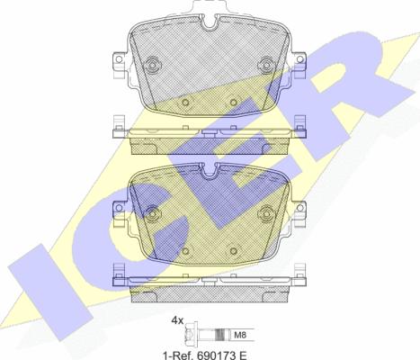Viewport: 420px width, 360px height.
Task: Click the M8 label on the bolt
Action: [240, 335]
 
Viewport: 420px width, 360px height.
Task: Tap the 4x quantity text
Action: [177, 321]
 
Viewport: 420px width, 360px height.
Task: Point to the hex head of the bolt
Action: [191, 335]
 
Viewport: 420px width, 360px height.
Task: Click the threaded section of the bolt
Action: [221, 335]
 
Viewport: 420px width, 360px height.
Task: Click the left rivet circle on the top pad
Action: [153, 64]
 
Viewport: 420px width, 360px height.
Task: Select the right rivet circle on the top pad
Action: [266, 64]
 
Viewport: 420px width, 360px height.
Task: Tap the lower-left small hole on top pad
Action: [185, 103]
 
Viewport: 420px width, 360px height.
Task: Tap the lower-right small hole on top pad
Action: [234, 103]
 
